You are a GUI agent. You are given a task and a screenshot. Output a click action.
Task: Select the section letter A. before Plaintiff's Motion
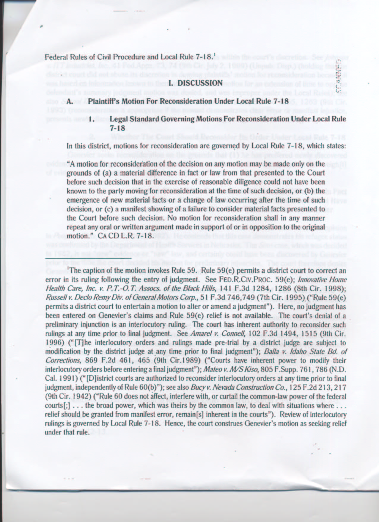coord(70,101)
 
